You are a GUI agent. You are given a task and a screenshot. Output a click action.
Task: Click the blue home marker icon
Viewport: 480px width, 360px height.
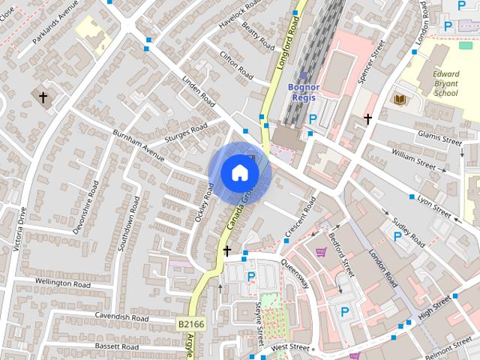coord(239,173)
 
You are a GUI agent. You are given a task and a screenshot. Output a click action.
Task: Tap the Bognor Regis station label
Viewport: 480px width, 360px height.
coord(303,91)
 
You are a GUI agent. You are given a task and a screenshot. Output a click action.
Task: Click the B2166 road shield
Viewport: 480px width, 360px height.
coord(190,324)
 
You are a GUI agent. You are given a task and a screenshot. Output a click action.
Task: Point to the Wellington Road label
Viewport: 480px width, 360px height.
coord(63,284)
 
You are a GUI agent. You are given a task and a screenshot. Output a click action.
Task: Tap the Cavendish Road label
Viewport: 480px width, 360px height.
coord(121,318)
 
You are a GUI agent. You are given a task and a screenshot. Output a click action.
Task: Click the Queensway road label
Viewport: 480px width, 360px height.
coord(295,274)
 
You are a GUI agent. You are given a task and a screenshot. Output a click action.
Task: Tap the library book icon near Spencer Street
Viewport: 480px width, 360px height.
coord(398,98)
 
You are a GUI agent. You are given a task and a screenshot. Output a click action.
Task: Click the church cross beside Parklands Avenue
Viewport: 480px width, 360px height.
coord(43,97)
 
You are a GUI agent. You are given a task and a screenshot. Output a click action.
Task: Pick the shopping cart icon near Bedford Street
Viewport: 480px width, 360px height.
coord(322,253)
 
